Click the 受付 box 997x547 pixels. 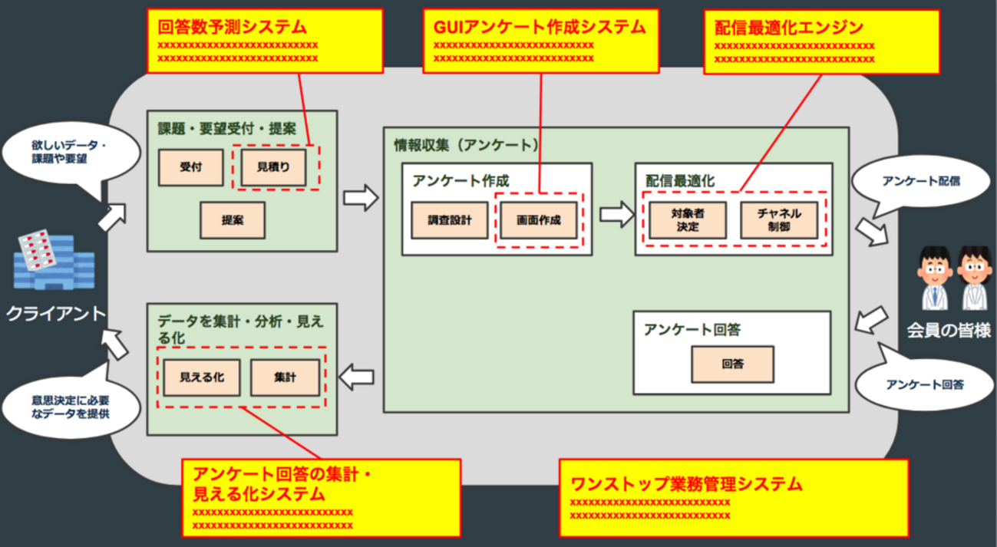pos(190,167)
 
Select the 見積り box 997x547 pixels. pos(273,167)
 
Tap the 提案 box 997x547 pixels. pos(233,220)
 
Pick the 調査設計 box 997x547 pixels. pos(450,220)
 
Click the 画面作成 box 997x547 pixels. pos(538,220)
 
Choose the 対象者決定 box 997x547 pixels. pos(687,220)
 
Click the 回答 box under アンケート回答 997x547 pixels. pos(732,364)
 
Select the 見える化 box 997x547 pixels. pos(201,377)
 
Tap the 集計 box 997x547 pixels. pos(285,377)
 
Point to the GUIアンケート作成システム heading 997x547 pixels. pos(540,28)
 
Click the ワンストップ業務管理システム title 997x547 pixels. pos(687,484)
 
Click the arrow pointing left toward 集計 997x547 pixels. pos(356,377)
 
